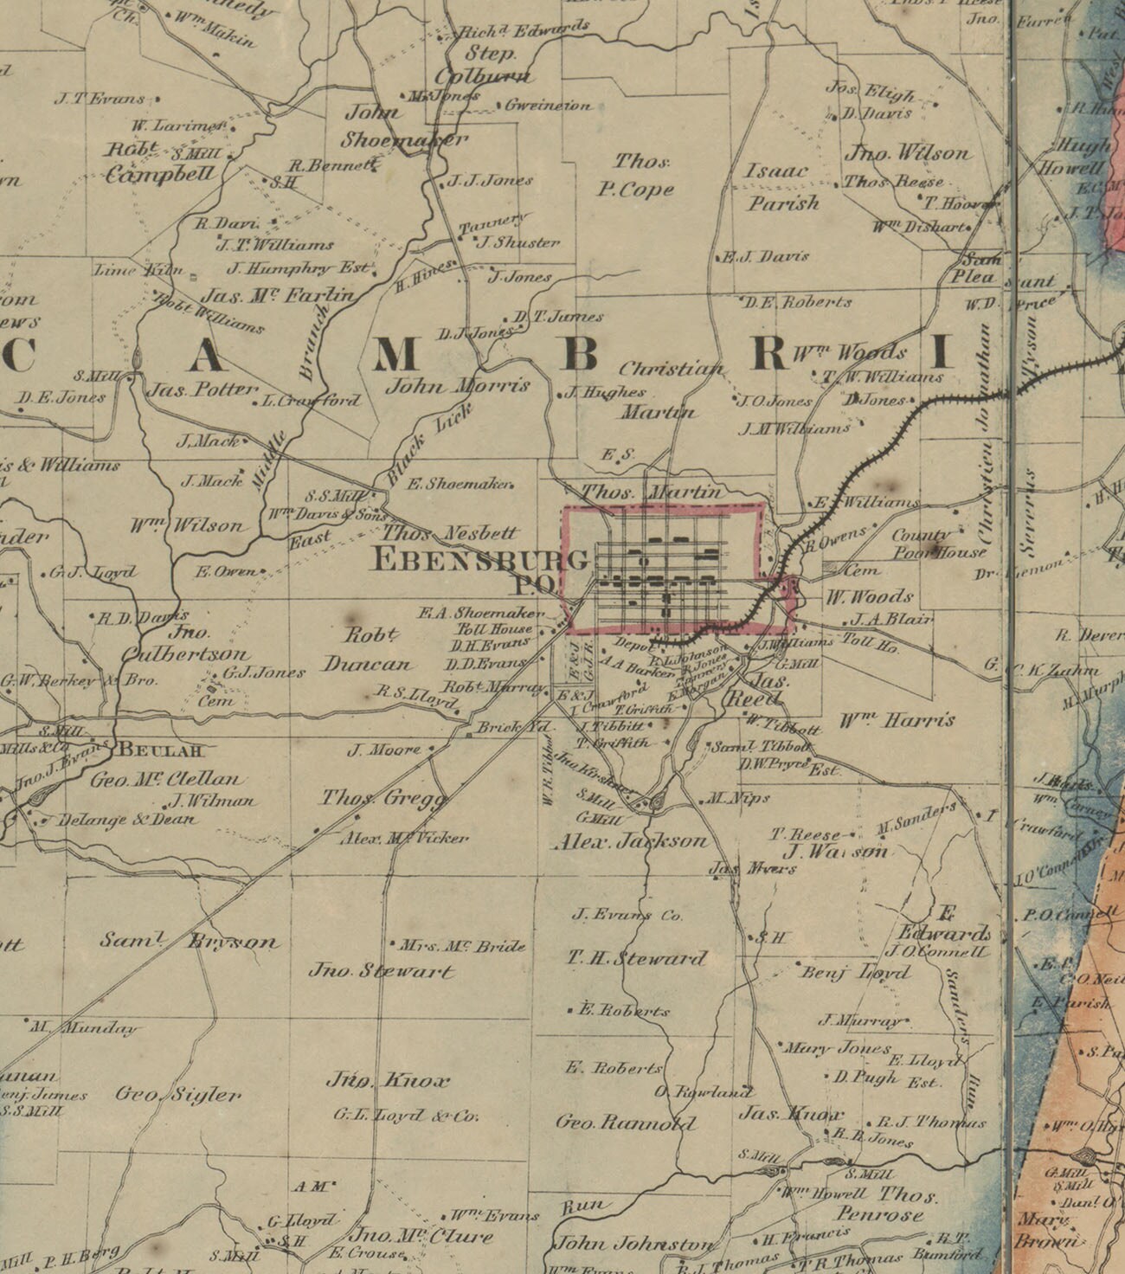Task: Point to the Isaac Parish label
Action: pyautogui.click(x=781, y=187)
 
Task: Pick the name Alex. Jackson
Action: pyautogui.click(x=630, y=840)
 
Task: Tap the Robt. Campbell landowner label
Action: pyautogui.click(x=160, y=162)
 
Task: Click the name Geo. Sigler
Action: pyautogui.click(x=177, y=1095)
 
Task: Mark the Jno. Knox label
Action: pyautogui.click(x=388, y=1081)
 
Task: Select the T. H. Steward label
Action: pyautogui.click(x=637, y=958)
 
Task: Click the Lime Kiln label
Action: pyautogui.click(x=138, y=270)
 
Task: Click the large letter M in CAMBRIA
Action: pyautogui.click(x=397, y=353)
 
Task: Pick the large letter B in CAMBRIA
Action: pyautogui.click(x=581, y=353)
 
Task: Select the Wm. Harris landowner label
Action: pyautogui.click(x=897, y=720)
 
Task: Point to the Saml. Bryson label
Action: pyautogui.click(x=189, y=941)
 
